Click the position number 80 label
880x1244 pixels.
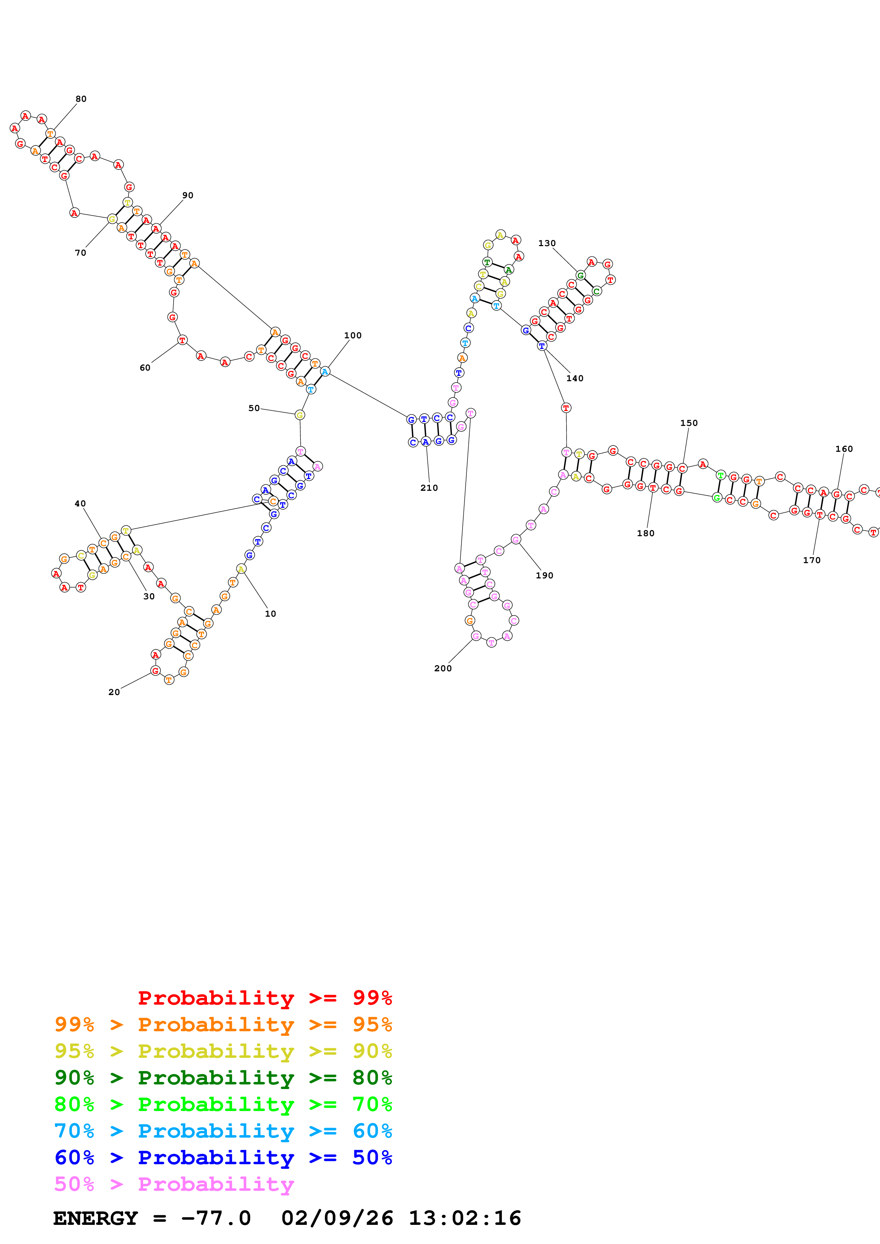coord(81,99)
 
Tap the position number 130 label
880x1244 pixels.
coord(547,243)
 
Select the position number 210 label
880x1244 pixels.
coord(429,488)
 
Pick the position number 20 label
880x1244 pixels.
coord(114,692)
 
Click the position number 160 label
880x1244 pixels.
coord(844,449)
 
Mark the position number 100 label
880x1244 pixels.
coord(352,335)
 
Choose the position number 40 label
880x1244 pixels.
coord(80,503)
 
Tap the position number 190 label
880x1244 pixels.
coord(545,576)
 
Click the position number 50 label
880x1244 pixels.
coord(254,408)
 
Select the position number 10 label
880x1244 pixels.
coord(270,613)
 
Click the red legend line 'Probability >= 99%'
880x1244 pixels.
coord(264,998)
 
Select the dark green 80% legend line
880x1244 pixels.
coord(223,1078)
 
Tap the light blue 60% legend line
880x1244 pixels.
coord(223,1131)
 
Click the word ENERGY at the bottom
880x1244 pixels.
coord(95,1218)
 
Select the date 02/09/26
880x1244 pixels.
coord(337,1218)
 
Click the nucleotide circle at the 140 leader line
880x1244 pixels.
coord(542,346)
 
